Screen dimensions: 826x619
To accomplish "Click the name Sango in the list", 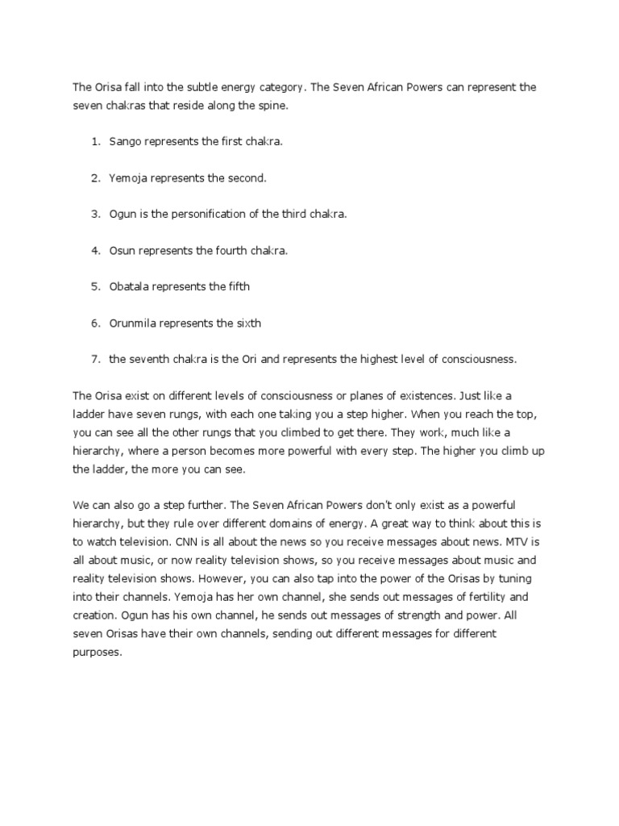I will point(125,142).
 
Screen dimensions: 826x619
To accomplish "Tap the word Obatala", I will point(130,287).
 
